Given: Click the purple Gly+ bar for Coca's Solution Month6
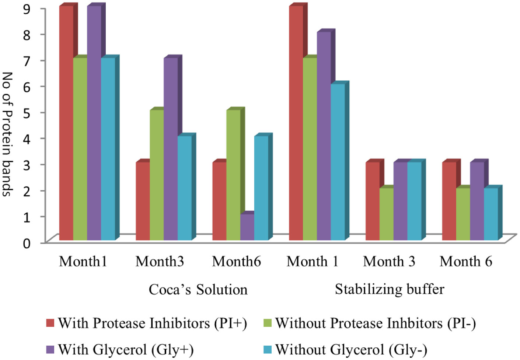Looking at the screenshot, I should click(247, 227).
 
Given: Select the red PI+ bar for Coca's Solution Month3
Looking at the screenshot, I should click(143, 201).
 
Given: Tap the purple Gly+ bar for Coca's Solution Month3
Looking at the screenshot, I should click(171, 149).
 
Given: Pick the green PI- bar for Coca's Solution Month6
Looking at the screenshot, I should click(233, 175).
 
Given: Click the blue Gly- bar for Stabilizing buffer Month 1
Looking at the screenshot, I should click(338, 162).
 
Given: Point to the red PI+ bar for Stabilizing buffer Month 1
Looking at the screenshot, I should click(296, 123).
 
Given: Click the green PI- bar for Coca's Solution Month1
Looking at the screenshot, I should click(80, 149).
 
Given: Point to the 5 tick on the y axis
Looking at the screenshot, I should click(27, 112).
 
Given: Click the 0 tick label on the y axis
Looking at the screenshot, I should click(27, 243).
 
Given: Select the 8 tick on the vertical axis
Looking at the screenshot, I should click(27, 34).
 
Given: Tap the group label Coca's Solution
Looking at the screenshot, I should click(198, 290).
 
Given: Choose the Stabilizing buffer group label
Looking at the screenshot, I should click(389, 289).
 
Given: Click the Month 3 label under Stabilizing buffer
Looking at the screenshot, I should click(389, 262).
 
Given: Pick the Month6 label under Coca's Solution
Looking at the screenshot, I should click(236, 262).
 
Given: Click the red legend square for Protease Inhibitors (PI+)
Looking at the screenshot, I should click(50, 323).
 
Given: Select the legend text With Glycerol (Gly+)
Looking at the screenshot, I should click(125, 349).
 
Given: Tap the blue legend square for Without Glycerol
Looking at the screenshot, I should click(268, 349).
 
